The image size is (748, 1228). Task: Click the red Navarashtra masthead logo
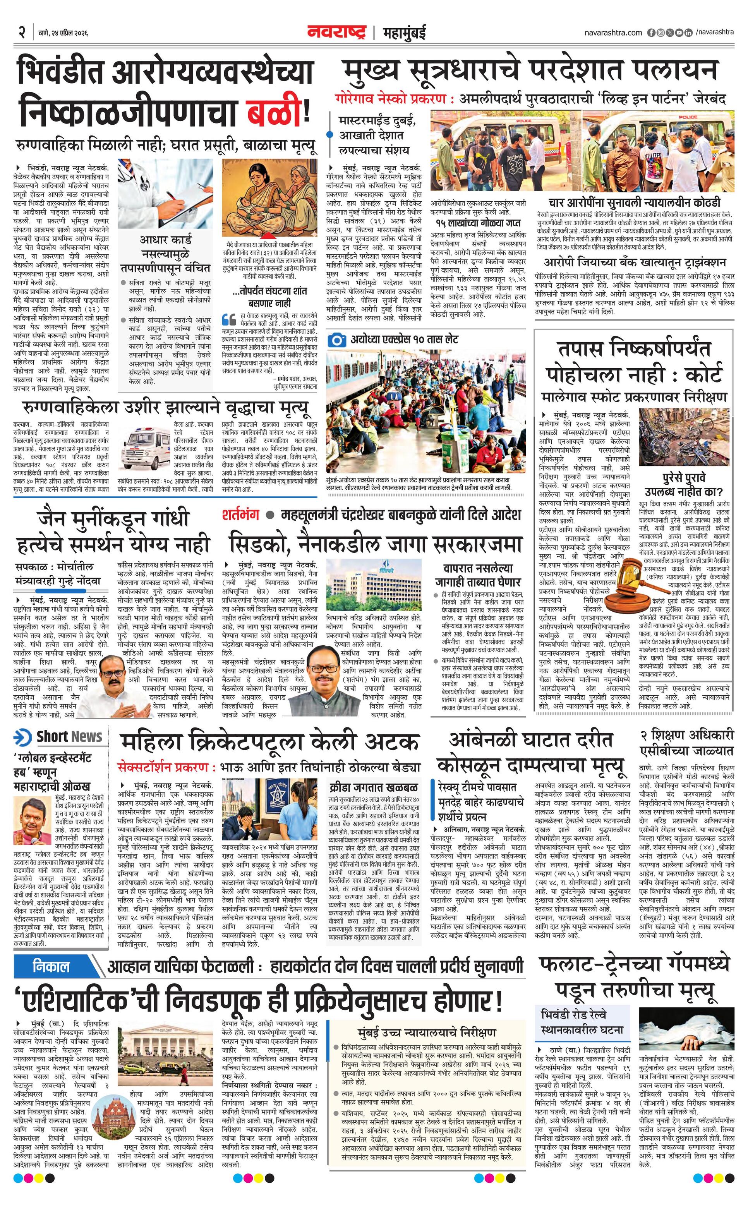pos(337,33)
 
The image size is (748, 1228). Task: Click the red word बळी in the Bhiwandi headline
pos(276,112)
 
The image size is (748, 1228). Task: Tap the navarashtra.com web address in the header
pos(613,33)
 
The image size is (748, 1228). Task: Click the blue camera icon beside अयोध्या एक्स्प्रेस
pos(337,340)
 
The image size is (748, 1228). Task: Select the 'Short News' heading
pos(69,737)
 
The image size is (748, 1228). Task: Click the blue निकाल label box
pos(51,967)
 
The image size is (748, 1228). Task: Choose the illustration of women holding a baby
pos(269,197)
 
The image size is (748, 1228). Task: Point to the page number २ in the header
pos(21,33)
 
